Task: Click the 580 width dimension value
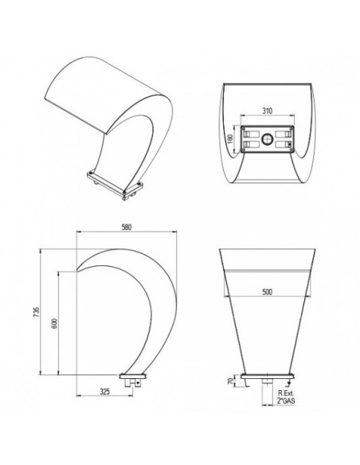coord(127,227)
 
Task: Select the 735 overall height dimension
coord(36,312)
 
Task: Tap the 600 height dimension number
coord(54,323)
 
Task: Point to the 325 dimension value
coord(104,392)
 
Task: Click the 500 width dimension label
coord(267,291)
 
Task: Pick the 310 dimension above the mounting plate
coord(267,111)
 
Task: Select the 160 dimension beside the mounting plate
coord(231,139)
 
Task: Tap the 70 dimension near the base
coord(230,381)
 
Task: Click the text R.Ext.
coord(286,393)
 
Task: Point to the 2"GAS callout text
coord(286,401)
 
